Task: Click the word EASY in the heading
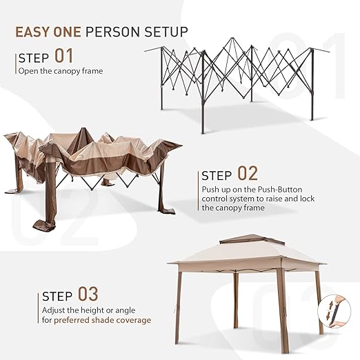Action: point(32,32)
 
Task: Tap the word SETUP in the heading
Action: point(166,32)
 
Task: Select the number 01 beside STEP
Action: point(63,56)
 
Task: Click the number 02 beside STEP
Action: point(248,173)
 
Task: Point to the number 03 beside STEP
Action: point(88,294)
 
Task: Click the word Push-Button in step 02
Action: point(280,190)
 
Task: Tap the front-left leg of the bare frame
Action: point(203,92)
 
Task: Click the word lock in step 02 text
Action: point(308,199)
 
